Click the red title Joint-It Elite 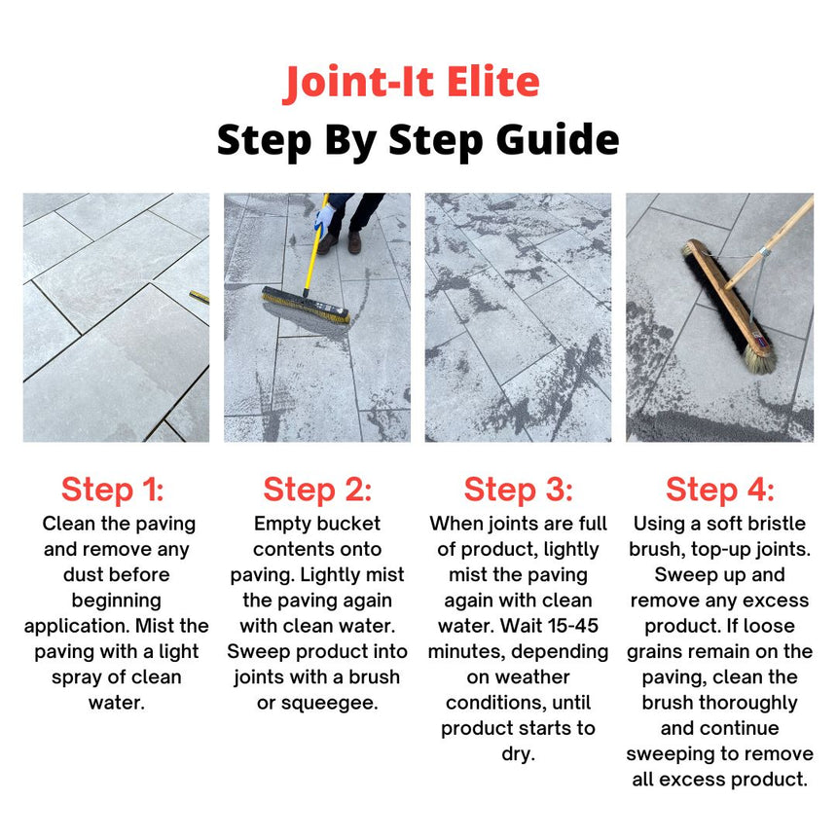pyautogui.click(x=412, y=84)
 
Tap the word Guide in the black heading pyautogui.click(x=550, y=140)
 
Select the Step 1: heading pyautogui.click(x=113, y=489)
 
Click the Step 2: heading pyautogui.click(x=317, y=489)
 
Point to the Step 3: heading pyautogui.click(x=518, y=489)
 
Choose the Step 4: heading pyautogui.click(x=720, y=489)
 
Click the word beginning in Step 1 pyautogui.click(x=116, y=600)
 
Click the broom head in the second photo pyautogui.click(x=305, y=307)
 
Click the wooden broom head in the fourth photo pyautogui.click(x=730, y=301)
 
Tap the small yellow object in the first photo pyautogui.click(x=199, y=296)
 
